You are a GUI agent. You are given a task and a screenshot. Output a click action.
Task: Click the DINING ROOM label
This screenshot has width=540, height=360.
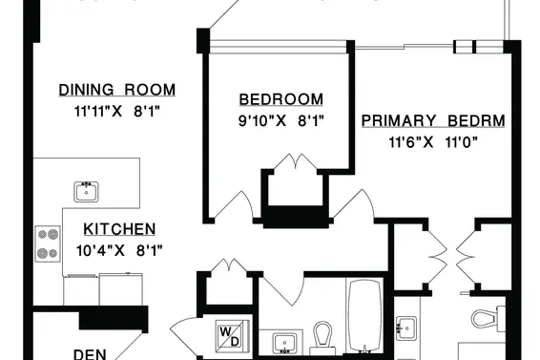[117, 90]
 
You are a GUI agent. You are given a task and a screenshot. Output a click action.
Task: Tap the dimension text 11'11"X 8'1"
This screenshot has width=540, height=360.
[117, 112]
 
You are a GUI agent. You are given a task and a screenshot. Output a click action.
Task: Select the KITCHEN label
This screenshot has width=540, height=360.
[119, 229]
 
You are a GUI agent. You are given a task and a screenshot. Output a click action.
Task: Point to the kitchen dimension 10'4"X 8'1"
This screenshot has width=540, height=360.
[119, 251]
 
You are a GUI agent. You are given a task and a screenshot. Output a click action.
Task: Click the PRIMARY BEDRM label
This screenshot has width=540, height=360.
[433, 121]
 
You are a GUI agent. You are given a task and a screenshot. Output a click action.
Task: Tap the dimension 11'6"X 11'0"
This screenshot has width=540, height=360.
[433, 142]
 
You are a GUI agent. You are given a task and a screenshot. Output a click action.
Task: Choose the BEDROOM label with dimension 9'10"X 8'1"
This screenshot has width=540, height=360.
[281, 99]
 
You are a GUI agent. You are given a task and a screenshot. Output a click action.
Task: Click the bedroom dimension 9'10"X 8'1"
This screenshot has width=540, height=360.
[281, 121]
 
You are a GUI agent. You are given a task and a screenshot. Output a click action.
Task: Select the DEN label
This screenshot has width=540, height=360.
[90, 354]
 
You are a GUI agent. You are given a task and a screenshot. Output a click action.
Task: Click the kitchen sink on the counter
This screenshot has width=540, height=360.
[86, 192]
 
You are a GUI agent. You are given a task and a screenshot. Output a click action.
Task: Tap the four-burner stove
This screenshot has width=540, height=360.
[48, 244]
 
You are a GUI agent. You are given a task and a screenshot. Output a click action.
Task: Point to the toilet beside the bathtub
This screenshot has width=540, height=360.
[322, 338]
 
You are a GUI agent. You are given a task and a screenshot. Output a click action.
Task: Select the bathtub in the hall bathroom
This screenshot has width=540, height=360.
[365, 317]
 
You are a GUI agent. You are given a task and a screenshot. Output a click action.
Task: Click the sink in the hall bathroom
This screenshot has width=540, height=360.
[284, 344]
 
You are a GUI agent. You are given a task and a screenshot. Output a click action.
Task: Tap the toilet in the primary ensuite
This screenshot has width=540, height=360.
[488, 318]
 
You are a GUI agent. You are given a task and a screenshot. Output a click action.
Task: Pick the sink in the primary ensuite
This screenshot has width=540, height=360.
[406, 328]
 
